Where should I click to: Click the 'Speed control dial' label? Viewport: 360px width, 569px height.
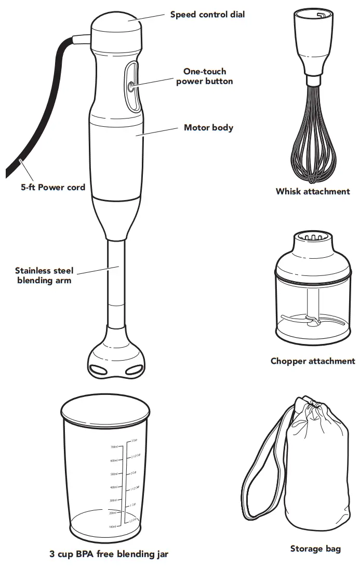coord(207,15)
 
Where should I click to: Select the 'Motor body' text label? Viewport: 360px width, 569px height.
coord(208,127)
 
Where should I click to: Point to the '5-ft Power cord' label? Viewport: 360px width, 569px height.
coord(53,187)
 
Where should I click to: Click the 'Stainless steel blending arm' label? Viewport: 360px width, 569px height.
coord(44,275)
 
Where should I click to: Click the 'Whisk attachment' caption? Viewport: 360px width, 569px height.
coord(313,191)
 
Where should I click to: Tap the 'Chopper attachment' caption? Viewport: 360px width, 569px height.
coord(313,361)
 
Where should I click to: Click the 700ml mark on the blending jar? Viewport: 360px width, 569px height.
coord(115,447)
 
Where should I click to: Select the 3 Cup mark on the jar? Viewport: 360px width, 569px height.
coord(134,440)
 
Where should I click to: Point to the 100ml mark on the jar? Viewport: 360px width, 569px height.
coord(112,526)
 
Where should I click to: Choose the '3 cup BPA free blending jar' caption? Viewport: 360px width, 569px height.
coord(109,554)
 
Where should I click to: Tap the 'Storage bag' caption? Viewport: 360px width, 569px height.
coord(315,549)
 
